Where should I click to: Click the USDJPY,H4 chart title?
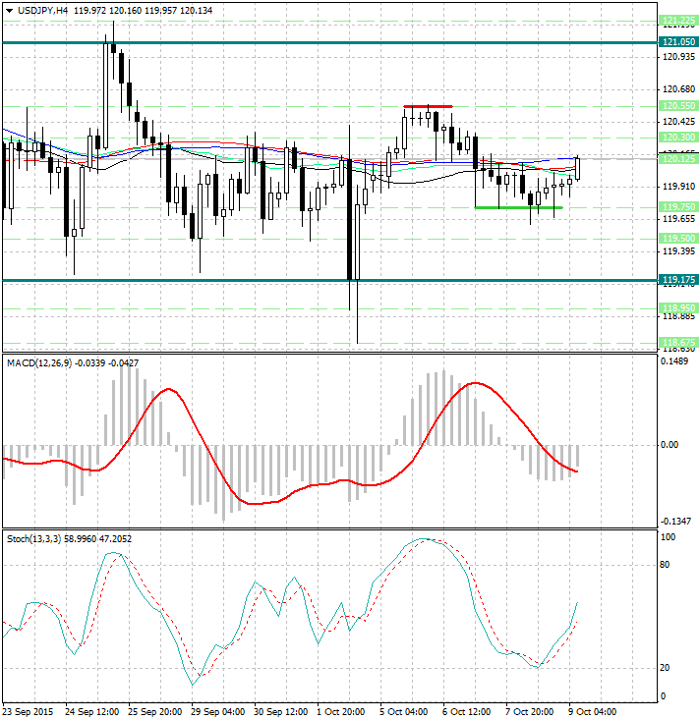click(x=36, y=10)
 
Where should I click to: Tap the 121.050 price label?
click(x=679, y=42)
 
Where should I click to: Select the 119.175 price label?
click(x=679, y=281)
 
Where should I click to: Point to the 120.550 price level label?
click(x=679, y=105)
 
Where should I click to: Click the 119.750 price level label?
click(x=679, y=207)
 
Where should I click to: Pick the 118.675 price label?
click(x=679, y=342)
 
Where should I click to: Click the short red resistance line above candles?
click(x=428, y=106)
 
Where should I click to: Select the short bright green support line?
click(x=518, y=207)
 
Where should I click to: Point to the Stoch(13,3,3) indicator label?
click(x=35, y=539)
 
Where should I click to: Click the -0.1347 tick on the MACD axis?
click(x=676, y=522)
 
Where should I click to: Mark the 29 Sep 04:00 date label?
click(x=216, y=711)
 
